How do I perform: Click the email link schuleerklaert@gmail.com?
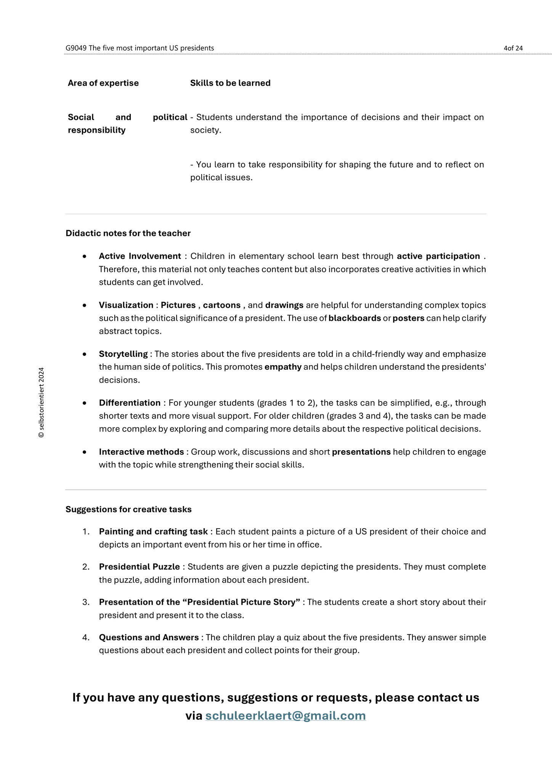pyautogui.click(x=285, y=716)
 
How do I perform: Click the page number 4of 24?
pyautogui.click(x=513, y=48)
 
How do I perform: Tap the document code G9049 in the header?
pyautogui.click(x=76, y=48)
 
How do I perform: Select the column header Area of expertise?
pyautogui.click(x=103, y=83)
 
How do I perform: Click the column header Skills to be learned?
pyautogui.click(x=230, y=83)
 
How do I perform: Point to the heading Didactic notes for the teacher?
pyautogui.click(x=128, y=233)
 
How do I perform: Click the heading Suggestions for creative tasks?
pyautogui.click(x=128, y=509)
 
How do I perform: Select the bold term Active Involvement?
pyautogui.click(x=140, y=256)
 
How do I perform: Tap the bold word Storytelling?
pyautogui.click(x=123, y=354)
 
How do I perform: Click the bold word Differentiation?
pyautogui.click(x=130, y=403)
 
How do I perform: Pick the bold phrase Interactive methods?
pyautogui.click(x=141, y=452)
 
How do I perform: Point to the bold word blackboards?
pyautogui.click(x=355, y=318)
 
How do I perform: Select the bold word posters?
pyautogui.click(x=408, y=318)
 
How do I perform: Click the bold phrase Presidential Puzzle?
pyautogui.click(x=139, y=567)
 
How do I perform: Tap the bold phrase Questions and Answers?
pyautogui.click(x=149, y=637)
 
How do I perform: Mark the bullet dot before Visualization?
pyautogui.click(x=84, y=305)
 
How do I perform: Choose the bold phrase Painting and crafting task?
pyautogui.click(x=153, y=531)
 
